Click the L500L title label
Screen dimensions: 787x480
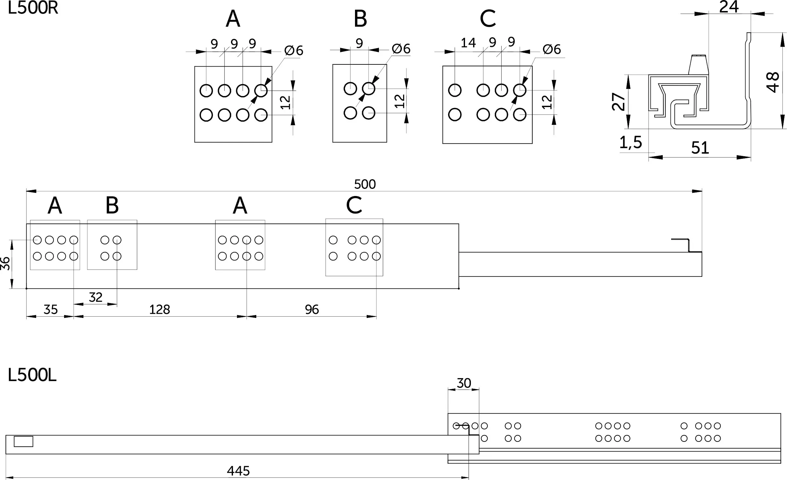click(32, 376)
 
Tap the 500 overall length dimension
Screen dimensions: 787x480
click(365, 184)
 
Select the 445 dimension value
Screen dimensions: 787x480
click(238, 471)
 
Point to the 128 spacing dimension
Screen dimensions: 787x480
click(160, 310)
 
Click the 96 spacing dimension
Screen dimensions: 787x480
click(312, 310)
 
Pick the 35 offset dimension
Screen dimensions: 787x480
click(50, 310)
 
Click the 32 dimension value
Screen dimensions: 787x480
click(95, 297)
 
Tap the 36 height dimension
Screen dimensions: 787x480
click(6, 263)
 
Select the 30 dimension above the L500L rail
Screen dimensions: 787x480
click(464, 383)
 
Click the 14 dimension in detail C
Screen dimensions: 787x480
click(468, 43)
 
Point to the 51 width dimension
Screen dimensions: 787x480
click(700, 148)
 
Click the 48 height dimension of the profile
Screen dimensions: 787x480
click(773, 82)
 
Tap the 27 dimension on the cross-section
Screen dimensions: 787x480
click(618, 102)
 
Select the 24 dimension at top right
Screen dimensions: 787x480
click(729, 7)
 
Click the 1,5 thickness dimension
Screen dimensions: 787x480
click(631, 142)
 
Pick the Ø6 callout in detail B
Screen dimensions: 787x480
click(401, 49)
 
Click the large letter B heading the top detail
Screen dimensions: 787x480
click(360, 19)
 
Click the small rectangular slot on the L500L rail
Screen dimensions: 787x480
click(23, 442)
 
